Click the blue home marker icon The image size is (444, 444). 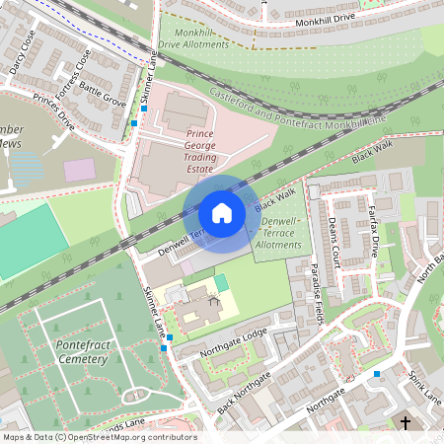coord(222,212)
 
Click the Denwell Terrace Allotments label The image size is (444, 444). coord(277,232)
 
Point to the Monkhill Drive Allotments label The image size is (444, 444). coord(200,37)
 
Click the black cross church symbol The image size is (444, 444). coord(405,423)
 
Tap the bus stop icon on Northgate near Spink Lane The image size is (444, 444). coord(376,373)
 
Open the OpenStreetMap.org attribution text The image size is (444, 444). coord(99,436)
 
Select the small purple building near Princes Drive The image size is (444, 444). coord(81,169)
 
